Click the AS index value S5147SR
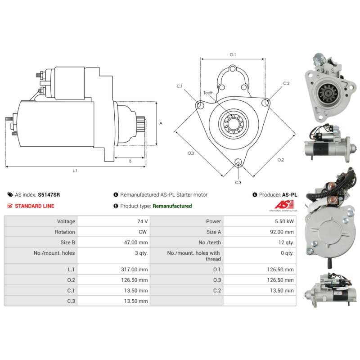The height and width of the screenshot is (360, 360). [x=49, y=195]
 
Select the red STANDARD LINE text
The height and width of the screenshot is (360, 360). [x=35, y=206]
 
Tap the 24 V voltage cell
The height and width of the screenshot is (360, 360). [x=143, y=221]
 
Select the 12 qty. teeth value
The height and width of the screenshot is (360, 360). [x=286, y=243]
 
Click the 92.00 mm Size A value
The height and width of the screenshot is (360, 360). [x=283, y=232]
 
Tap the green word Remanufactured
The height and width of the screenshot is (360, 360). [x=172, y=206]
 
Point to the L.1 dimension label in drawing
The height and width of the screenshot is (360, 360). [x=75, y=171]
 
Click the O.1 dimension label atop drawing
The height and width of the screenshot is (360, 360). [x=233, y=54]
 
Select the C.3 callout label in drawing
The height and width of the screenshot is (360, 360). [x=238, y=182]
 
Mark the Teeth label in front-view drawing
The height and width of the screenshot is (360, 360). [x=209, y=93]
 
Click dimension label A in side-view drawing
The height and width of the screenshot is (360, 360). [x=161, y=123]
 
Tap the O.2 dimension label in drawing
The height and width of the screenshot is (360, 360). [x=281, y=160]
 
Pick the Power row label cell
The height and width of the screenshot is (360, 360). [x=214, y=221]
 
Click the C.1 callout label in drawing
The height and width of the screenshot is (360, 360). [x=180, y=85]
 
